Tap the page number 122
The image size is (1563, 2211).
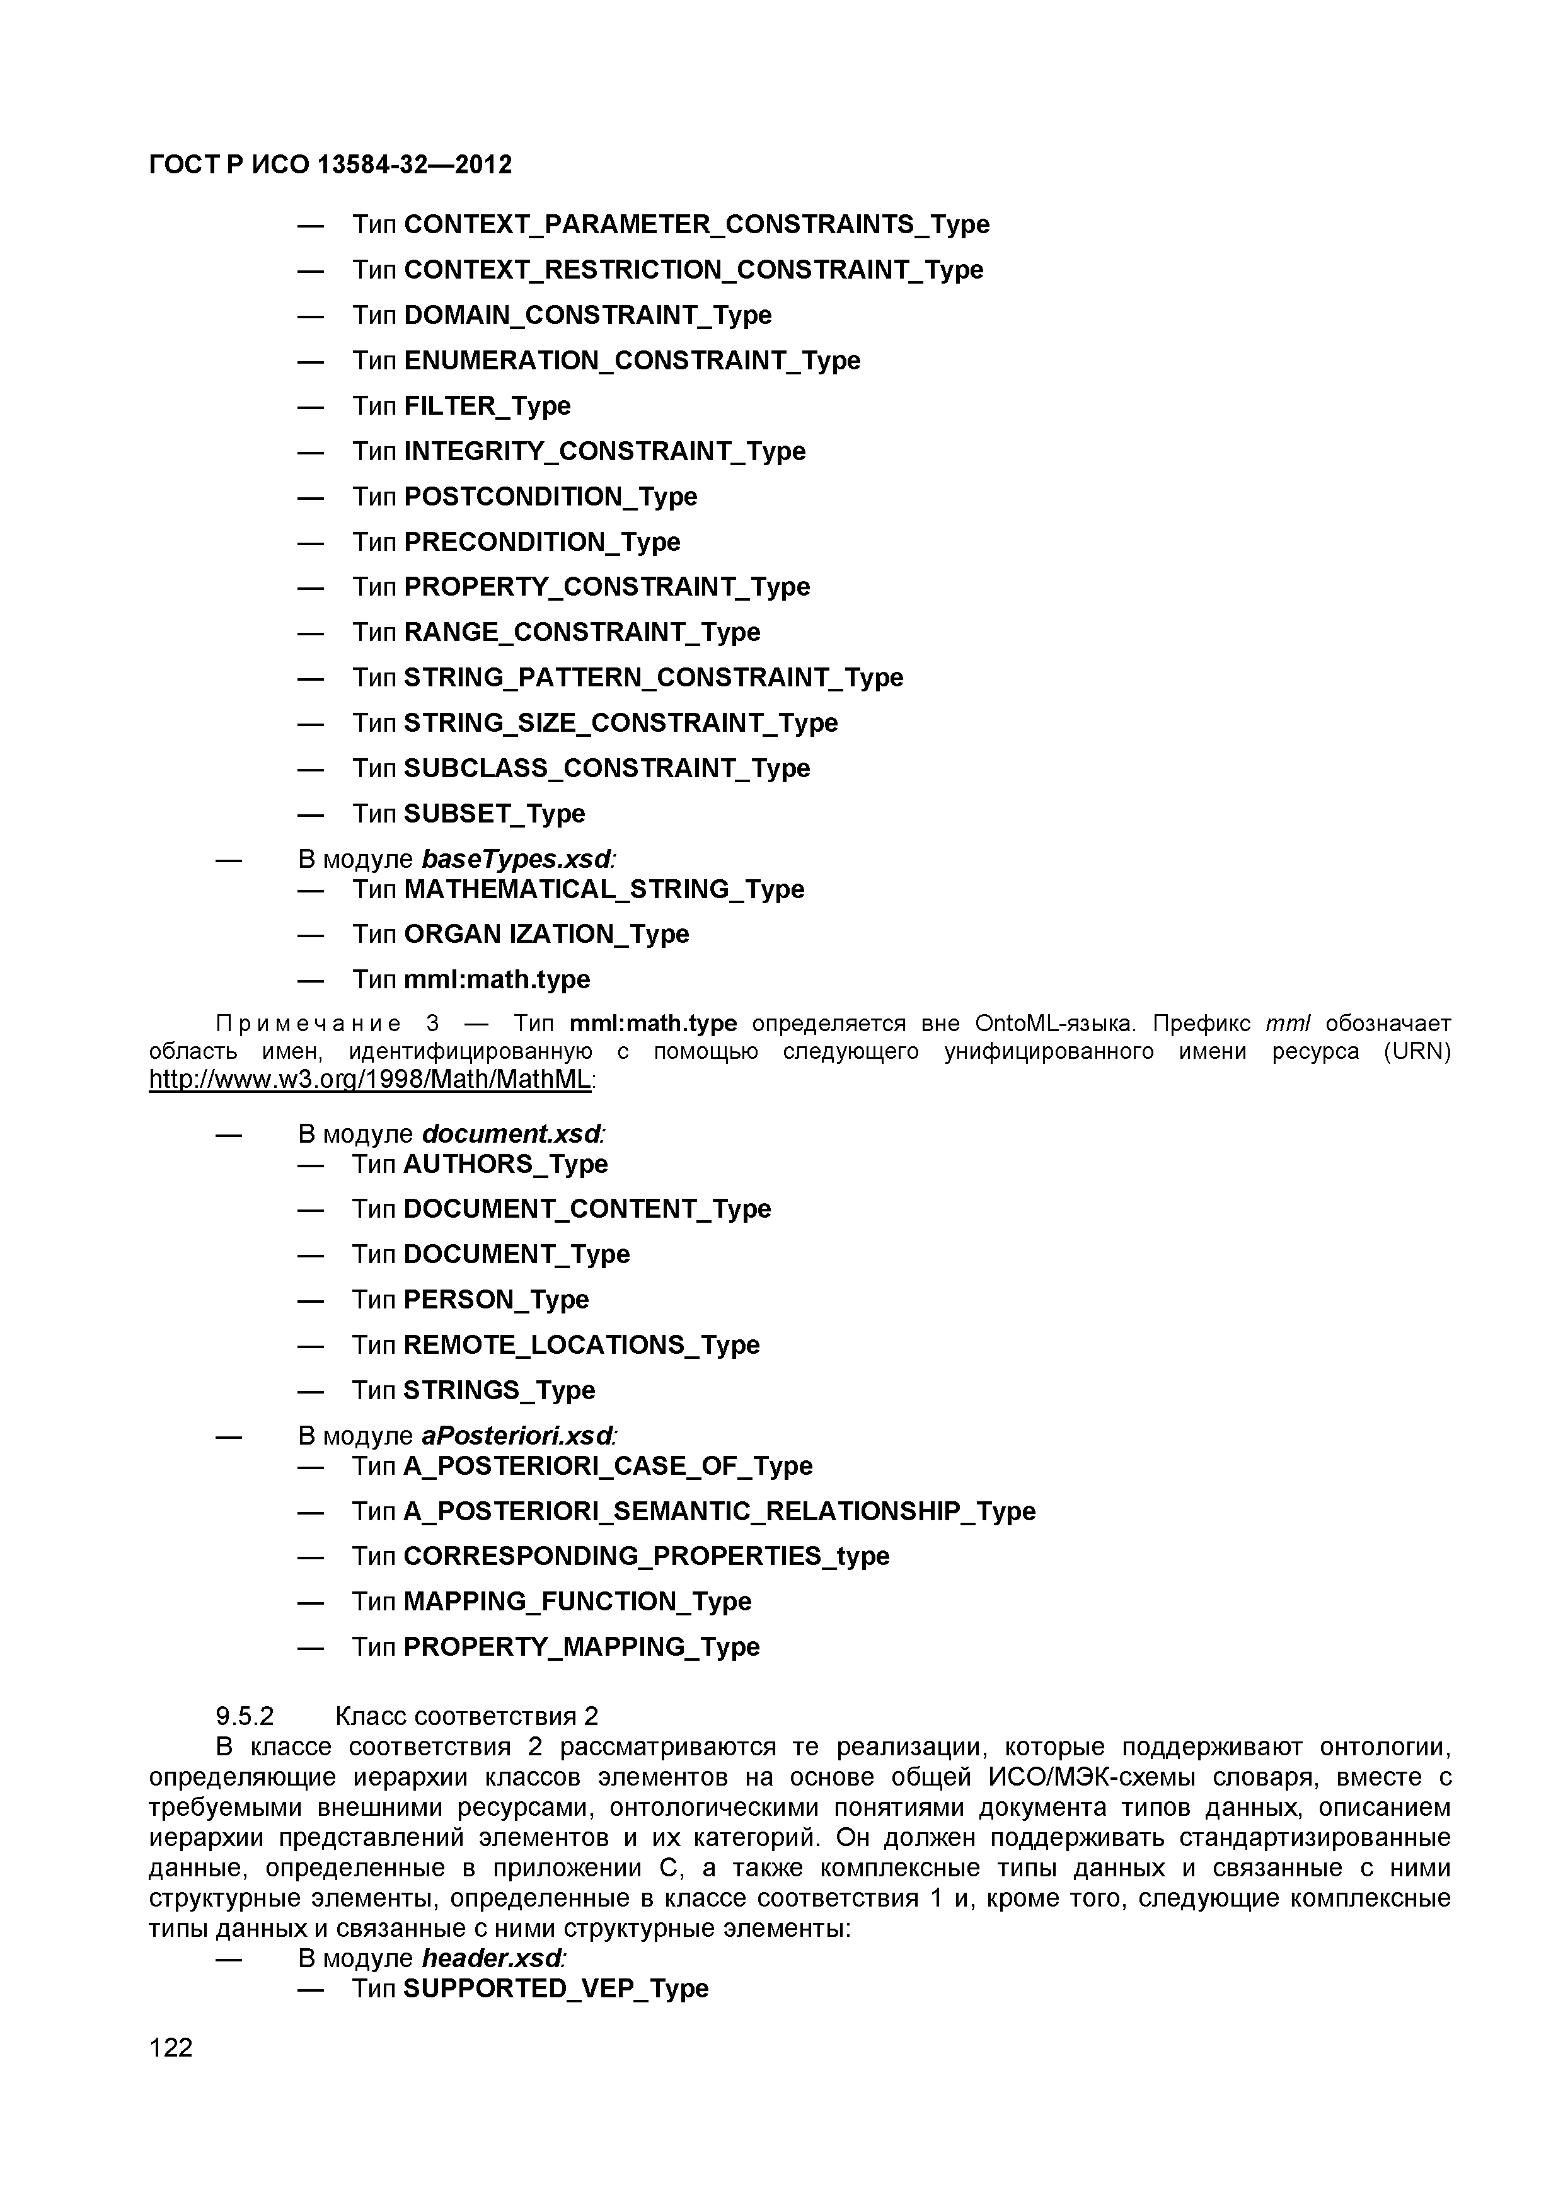point(171,2047)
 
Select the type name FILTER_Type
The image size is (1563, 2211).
point(487,407)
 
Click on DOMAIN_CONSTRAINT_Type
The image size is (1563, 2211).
point(587,316)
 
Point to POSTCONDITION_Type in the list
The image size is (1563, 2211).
point(551,497)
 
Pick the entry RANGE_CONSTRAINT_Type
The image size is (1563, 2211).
point(582,633)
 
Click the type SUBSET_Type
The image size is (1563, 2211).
point(494,814)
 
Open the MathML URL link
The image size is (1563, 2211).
point(370,1080)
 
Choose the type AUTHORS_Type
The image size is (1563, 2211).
point(505,1164)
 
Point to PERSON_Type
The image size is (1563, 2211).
point(496,1300)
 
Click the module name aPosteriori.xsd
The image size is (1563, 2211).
point(518,1436)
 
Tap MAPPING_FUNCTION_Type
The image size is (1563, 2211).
point(577,1602)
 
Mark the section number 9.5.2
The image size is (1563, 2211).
point(246,1716)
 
